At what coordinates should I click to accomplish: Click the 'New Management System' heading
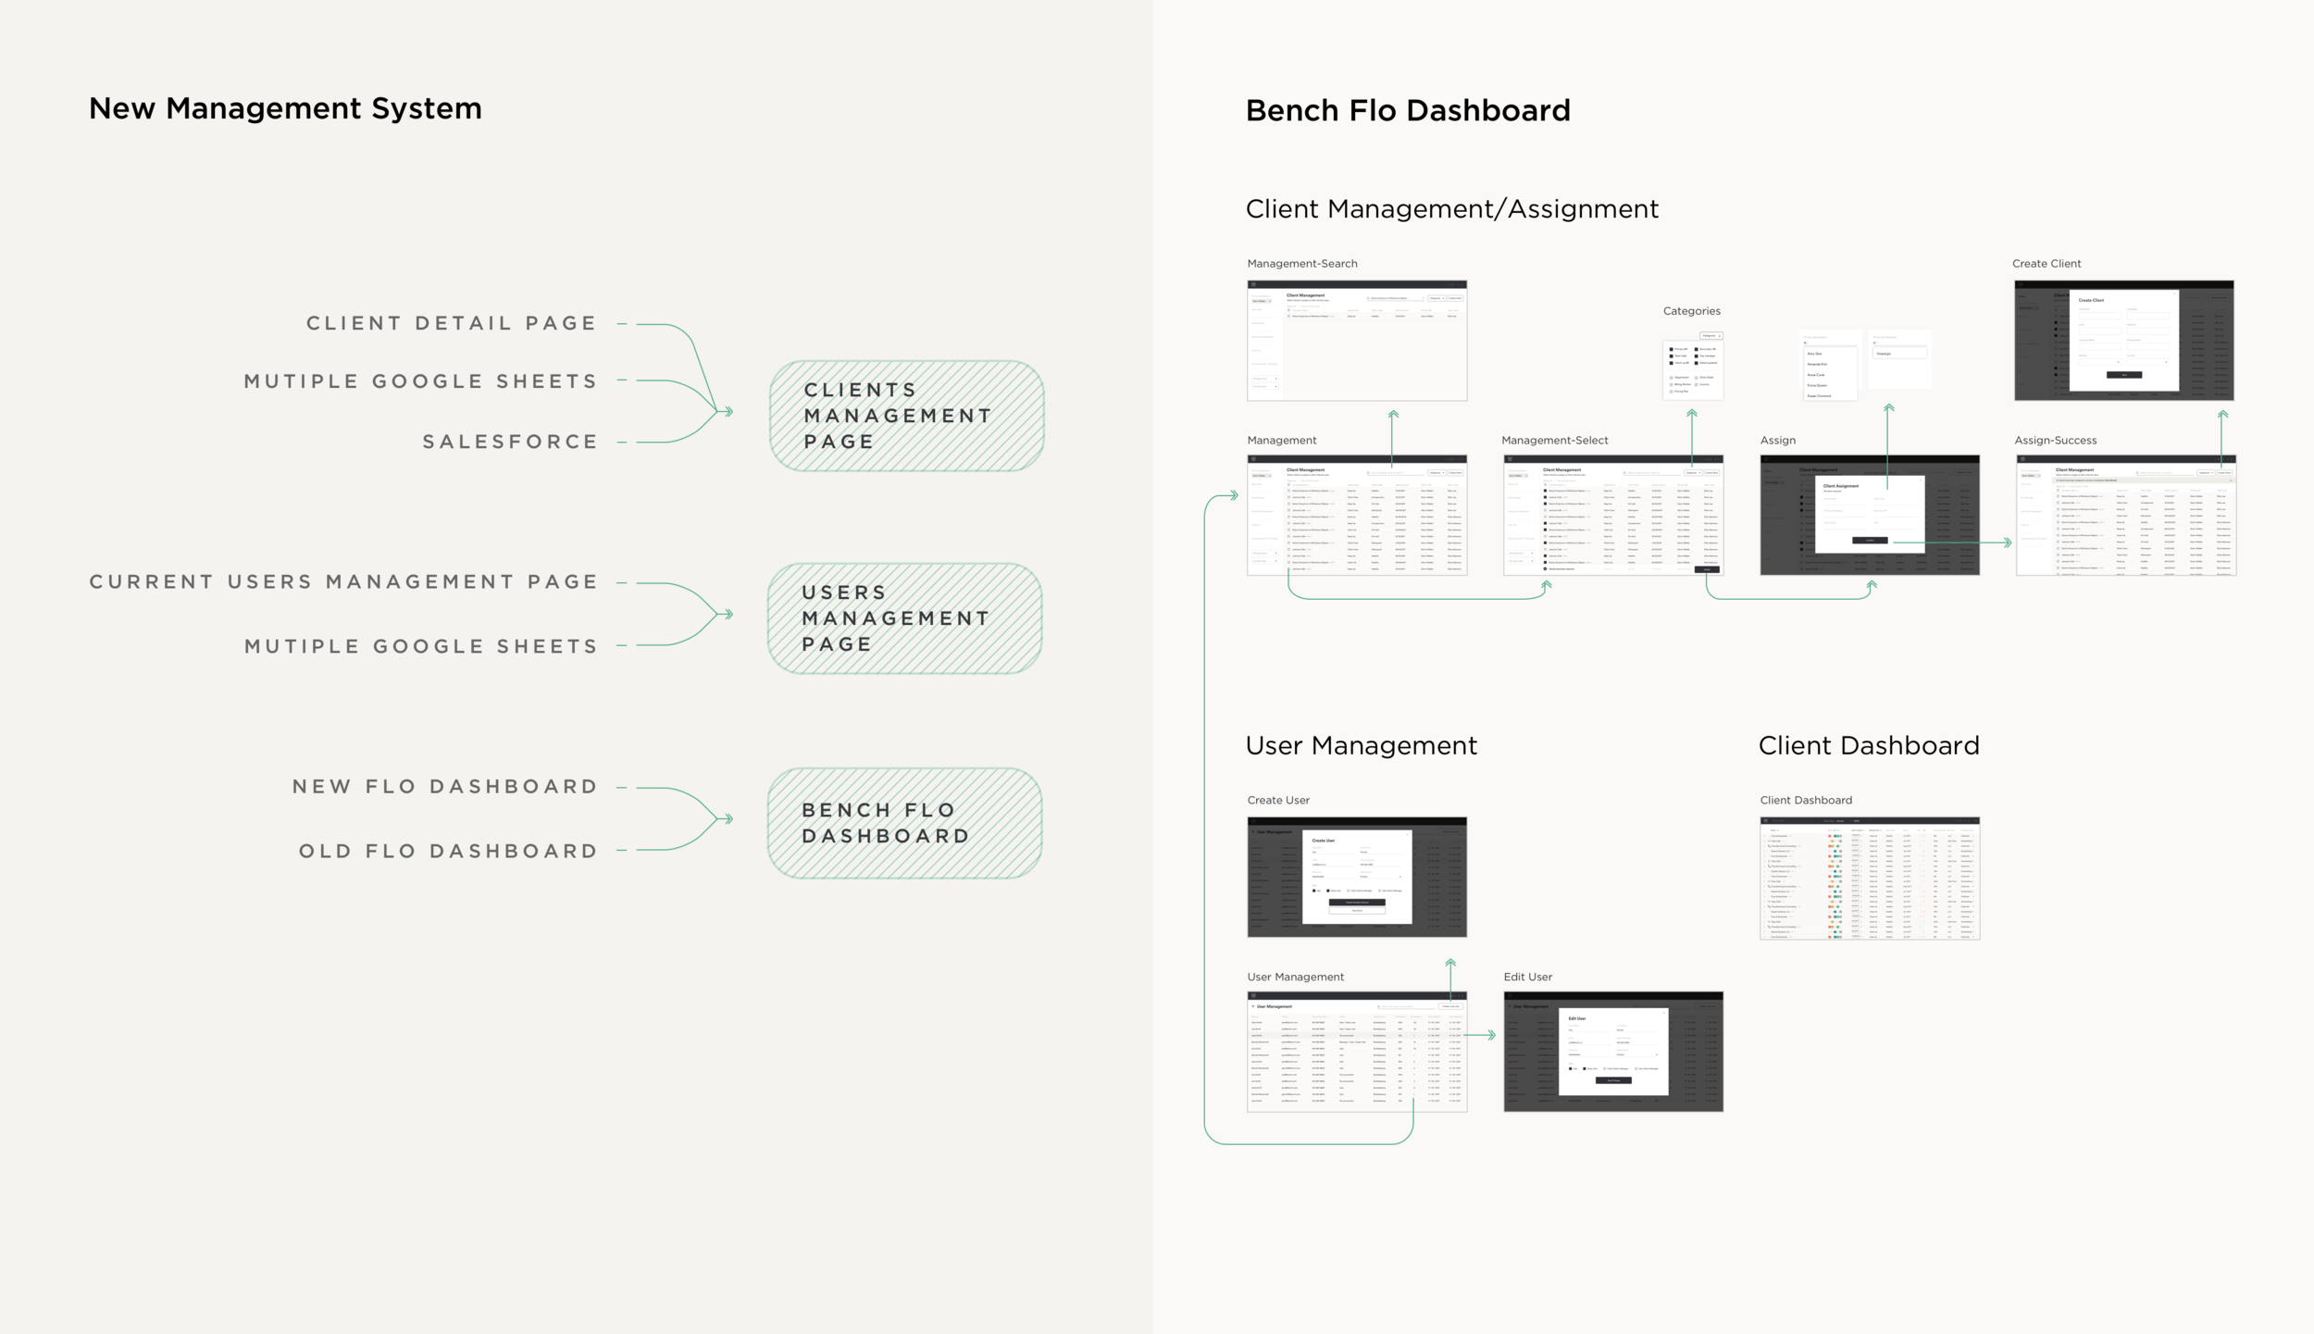pos(285,108)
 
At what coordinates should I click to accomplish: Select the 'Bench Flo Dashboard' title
pos(1408,111)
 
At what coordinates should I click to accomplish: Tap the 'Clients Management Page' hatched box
pos(906,416)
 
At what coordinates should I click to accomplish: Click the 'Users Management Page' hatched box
pos(904,618)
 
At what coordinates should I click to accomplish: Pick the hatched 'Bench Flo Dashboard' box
pos(904,823)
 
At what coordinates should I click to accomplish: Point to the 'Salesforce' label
pos(510,443)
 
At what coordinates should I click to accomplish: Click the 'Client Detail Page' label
pos(452,324)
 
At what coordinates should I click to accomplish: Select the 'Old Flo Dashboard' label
pos(448,852)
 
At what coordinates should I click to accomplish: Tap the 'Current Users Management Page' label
pos(343,582)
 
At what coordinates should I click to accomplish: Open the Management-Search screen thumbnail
pos(1357,341)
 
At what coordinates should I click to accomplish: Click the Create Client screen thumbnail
pos(2123,341)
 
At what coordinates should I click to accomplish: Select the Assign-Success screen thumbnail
pos(2125,516)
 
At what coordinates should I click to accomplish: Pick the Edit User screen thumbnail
pos(1613,1052)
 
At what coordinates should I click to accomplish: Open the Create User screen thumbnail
pos(1357,877)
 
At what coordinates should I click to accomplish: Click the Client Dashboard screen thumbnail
pos(1869,879)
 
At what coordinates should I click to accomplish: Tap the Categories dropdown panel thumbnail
pos(1692,366)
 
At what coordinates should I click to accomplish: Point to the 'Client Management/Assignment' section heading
pos(1451,209)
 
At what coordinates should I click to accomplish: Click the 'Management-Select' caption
pos(1555,441)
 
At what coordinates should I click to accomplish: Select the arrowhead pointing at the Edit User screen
pos(1491,1035)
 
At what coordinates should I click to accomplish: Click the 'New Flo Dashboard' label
pos(445,787)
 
